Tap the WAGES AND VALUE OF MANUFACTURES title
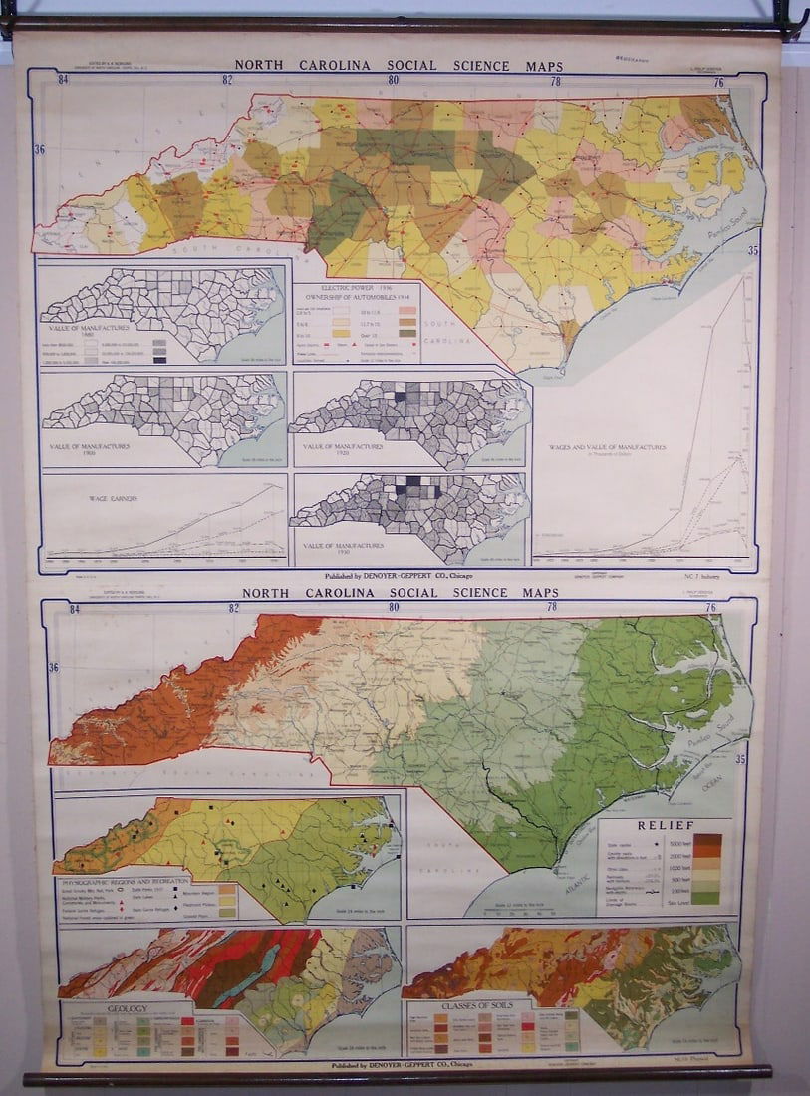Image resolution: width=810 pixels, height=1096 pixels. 607,448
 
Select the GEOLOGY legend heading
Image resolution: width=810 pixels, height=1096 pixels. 129,1008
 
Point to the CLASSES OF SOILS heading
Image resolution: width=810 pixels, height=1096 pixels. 472,1006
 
